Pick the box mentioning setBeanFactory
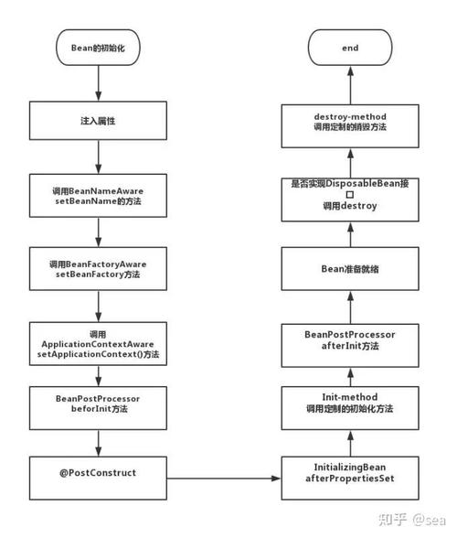click(x=98, y=269)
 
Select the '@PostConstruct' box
click(x=98, y=473)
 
